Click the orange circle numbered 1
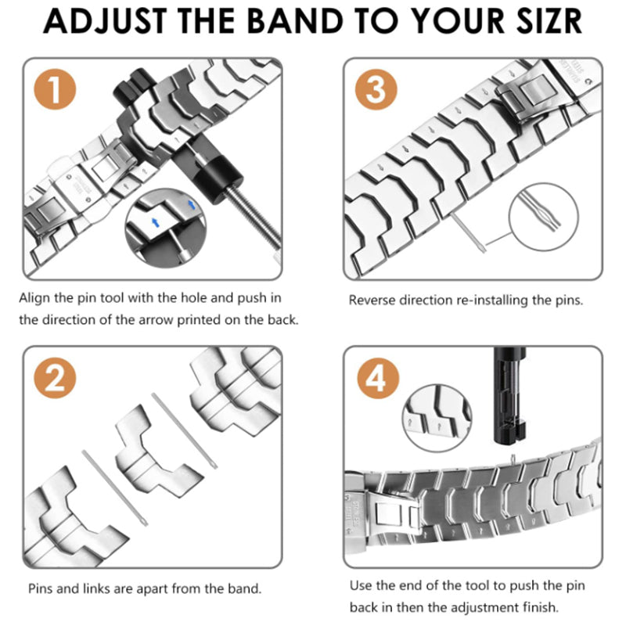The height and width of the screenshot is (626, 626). [52, 91]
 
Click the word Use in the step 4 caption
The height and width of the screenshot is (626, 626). [360, 585]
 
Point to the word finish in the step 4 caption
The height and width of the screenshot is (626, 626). [531, 607]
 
